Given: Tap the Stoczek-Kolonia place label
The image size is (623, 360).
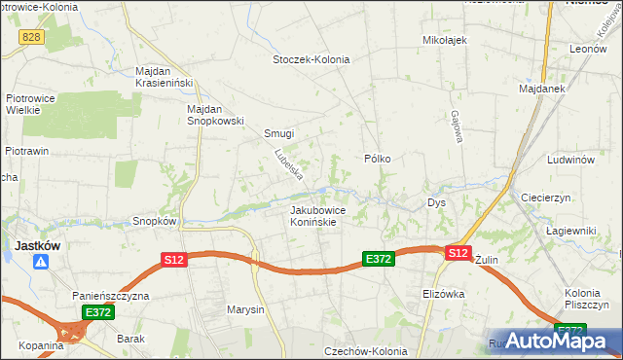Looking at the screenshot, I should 311,58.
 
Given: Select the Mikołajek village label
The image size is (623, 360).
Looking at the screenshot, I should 445,40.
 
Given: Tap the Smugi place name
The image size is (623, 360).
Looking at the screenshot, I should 279,133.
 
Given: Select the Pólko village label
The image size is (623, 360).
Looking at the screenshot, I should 377,158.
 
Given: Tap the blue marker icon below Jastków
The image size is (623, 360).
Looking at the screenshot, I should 40,263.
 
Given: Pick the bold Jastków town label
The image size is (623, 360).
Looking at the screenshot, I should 37,246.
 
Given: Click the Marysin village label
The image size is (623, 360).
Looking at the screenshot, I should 245,310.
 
